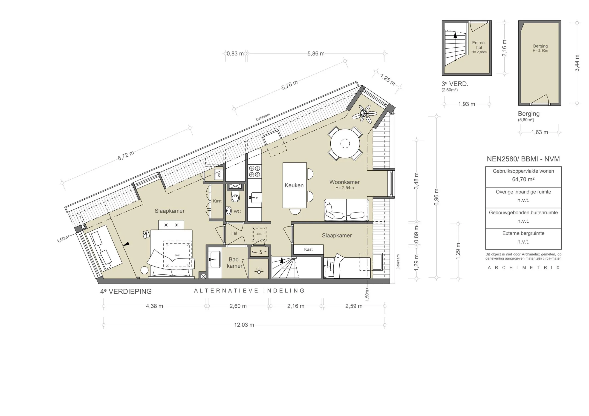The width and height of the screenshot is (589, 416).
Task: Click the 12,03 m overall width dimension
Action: point(244,325)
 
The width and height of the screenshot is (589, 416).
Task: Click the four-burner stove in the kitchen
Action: point(254,171)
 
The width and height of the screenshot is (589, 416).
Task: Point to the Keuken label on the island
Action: point(294,185)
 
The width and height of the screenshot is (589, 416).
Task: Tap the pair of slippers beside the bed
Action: point(146,234)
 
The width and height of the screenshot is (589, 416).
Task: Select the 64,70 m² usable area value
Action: point(523,179)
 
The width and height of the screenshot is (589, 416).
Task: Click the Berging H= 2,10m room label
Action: point(540,48)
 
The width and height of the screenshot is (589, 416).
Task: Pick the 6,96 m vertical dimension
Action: point(436,197)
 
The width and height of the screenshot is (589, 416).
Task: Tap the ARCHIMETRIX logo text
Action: point(523,267)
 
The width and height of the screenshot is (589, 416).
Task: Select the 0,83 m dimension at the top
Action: point(235,54)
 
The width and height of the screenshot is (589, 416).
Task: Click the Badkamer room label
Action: point(234,263)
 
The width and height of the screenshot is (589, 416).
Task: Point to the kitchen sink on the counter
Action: point(256,198)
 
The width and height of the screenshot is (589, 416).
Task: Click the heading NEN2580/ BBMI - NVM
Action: point(523,159)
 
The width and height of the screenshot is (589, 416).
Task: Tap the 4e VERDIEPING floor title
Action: point(126,291)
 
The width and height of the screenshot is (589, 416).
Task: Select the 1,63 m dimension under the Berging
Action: point(540,132)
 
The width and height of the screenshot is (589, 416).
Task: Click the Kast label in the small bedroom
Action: point(308,249)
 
